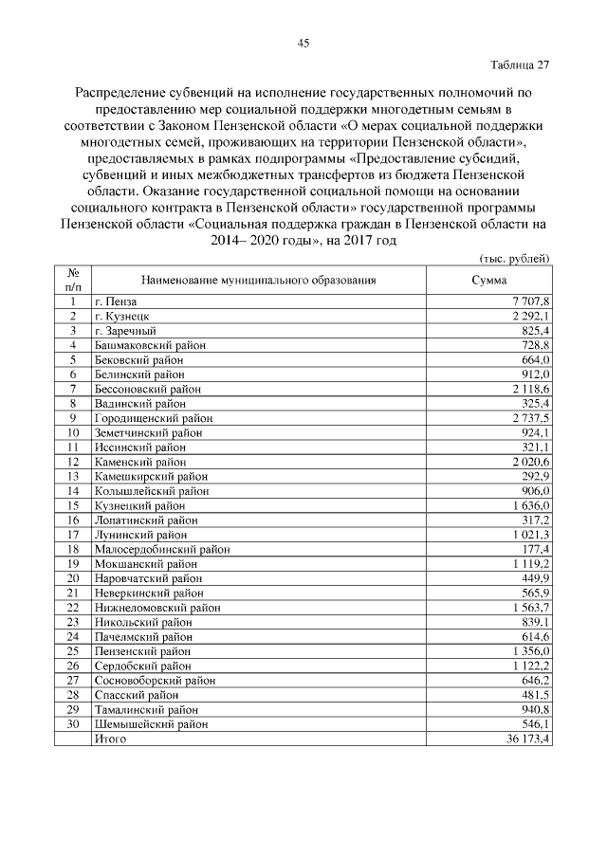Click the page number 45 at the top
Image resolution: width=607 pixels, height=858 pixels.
(303, 43)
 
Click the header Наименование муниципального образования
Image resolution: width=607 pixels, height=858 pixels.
(259, 280)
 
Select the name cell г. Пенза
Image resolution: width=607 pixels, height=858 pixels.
(117, 301)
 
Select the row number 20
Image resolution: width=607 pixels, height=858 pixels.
(72, 578)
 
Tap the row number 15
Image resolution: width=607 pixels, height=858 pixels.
(72, 505)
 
